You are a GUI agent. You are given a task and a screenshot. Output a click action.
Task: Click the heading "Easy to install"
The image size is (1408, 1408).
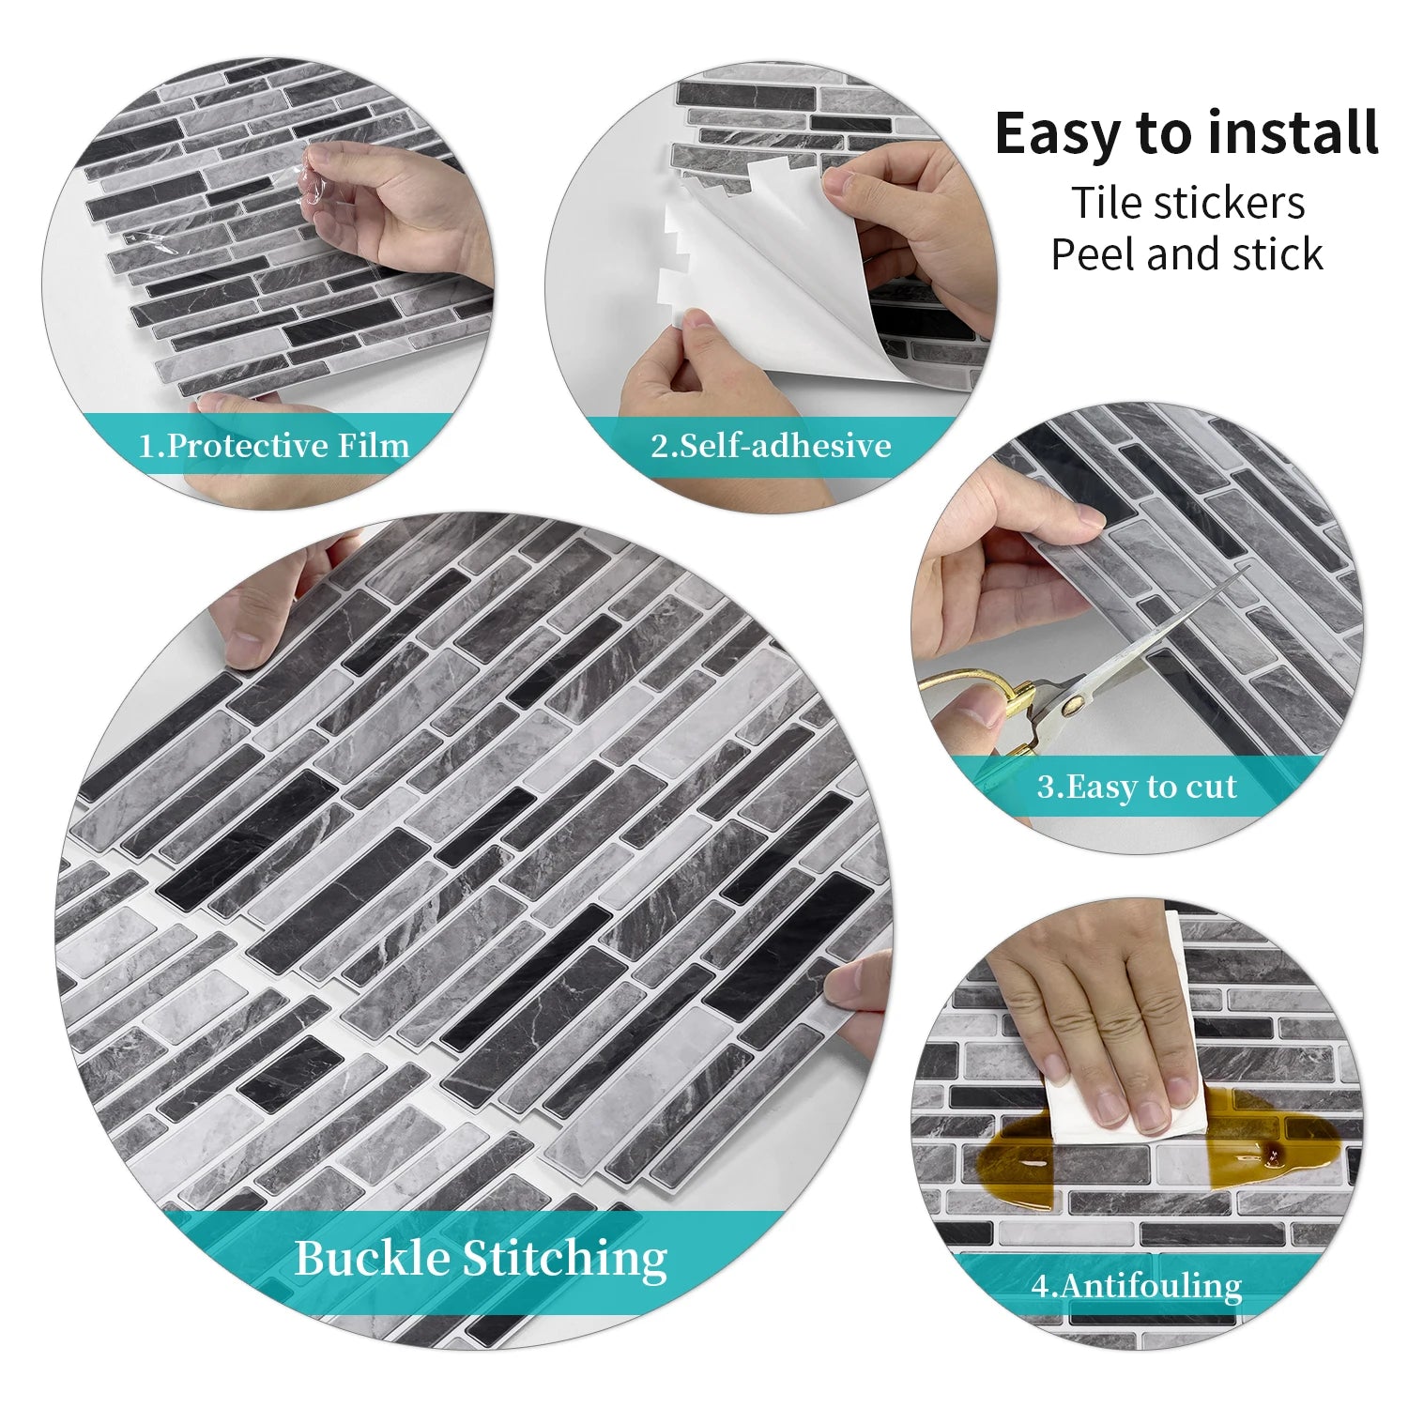[1186, 133]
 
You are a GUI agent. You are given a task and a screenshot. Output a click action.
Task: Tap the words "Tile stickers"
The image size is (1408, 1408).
[1188, 203]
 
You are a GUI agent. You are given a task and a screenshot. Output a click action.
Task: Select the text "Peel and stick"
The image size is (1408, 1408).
[1186, 254]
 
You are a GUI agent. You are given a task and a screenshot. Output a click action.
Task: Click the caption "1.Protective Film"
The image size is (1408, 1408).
[274, 445]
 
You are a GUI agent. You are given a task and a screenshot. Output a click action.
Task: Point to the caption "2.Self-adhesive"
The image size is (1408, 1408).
[771, 445]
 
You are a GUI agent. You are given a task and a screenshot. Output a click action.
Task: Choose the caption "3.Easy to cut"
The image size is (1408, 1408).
[1136, 787]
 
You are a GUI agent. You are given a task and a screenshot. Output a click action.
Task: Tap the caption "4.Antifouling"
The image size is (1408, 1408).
[1136, 1285]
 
